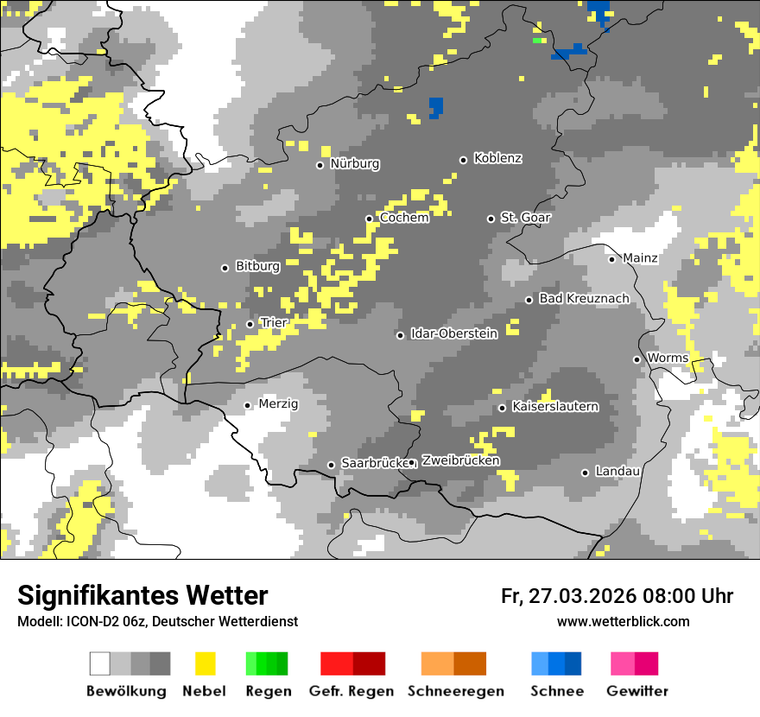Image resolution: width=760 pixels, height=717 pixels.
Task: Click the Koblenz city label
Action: pyautogui.click(x=497, y=159)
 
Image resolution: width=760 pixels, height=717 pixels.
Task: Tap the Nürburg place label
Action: pyautogui.click(x=354, y=164)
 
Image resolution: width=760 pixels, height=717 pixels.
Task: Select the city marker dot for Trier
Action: pyautogui.click(x=250, y=324)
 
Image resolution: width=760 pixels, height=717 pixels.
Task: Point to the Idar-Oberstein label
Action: pyautogui.click(x=453, y=334)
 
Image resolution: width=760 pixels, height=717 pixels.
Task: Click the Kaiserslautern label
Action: pyautogui.click(x=554, y=407)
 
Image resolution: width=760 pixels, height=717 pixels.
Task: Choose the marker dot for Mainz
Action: pyautogui.click(x=611, y=259)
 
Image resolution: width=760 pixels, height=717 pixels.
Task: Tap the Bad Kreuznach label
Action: pyautogui.click(x=584, y=299)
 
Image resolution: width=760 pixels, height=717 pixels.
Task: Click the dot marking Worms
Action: pyautogui.click(x=636, y=359)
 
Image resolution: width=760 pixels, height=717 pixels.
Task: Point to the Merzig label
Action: pyautogui.click(x=278, y=404)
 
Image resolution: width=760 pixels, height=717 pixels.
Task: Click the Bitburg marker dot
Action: pyautogui.click(x=225, y=268)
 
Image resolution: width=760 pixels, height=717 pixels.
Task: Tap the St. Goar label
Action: pyautogui.click(x=525, y=218)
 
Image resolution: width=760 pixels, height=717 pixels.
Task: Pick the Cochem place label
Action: pyautogui.click(x=403, y=219)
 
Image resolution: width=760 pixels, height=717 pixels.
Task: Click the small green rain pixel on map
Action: pyautogui.click(x=539, y=40)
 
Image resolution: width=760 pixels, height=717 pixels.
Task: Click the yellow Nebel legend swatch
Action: pyautogui.click(x=206, y=663)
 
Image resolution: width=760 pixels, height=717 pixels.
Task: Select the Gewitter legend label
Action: pyautogui.click(x=636, y=691)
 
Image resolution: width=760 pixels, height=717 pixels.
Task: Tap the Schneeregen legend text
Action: pyautogui.click(x=455, y=691)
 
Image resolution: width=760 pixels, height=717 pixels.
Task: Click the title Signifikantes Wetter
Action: pyautogui.click(x=142, y=595)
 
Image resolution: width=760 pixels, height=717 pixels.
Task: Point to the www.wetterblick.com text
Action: pyautogui.click(x=623, y=622)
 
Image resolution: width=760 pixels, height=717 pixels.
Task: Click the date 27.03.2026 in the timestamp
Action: pyautogui.click(x=581, y=596)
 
